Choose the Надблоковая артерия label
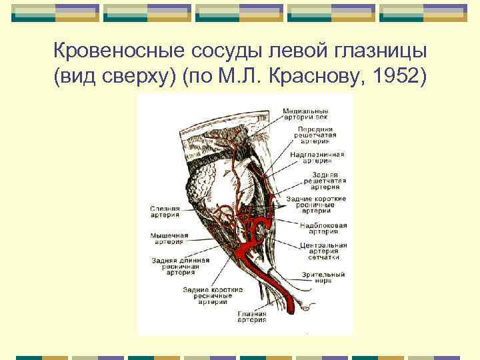pyautogui.click(x=323, y=229)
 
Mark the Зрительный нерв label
pyautogui.click(x=323, y=277)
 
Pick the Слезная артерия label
pyautogui.click(x=165, y=211)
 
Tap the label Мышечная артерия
pyautogui.click(x=169, y=238)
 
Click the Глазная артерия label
pyautogui.click(x=251, y=316)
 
